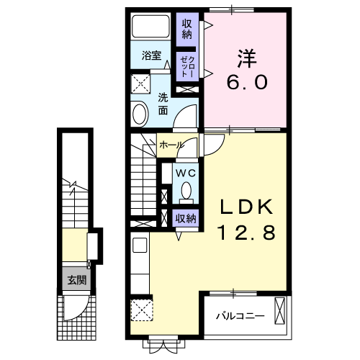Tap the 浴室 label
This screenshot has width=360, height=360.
(x=151, y=55)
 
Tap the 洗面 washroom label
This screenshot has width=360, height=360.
(x=163, y=105)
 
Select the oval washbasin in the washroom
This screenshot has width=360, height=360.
(x=139, y=113)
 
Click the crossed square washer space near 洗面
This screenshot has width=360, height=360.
(x=141, y=81)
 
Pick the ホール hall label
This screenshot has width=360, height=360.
(x=171, y=145)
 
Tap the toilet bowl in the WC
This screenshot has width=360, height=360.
(x=186, y=192)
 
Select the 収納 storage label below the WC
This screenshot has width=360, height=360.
(x=186, y=218)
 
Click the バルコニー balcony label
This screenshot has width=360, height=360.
(x=240, y=315)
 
